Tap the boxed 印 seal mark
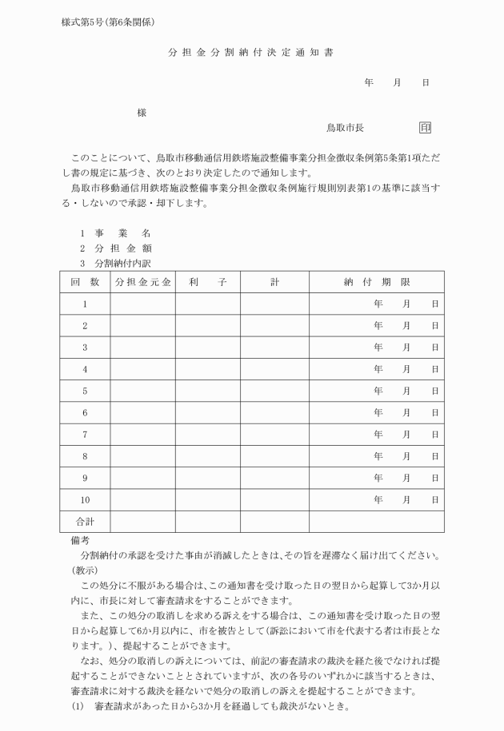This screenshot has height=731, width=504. click(424, 127)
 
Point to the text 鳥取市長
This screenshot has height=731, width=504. click(345, 128)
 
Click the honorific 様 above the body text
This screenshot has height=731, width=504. click(142, 113)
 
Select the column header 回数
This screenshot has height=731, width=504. click(84, 282)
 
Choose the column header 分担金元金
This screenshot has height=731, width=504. click(142, 282)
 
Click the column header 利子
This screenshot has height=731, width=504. click(207, 282)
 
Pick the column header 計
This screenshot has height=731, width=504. click(274, 282)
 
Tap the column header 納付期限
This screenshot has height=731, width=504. click(376, 282)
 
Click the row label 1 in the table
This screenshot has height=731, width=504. click(84, 304)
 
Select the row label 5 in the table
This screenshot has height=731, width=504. click(84, 391)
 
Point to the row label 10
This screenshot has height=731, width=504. click(84, 499)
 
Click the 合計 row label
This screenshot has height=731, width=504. click(84, 521)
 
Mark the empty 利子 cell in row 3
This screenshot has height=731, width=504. click(207, 348)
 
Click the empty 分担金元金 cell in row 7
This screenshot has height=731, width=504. click(142, 435)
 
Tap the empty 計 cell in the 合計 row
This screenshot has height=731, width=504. click(274, 521)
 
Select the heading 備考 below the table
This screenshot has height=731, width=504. click(79, 541)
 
